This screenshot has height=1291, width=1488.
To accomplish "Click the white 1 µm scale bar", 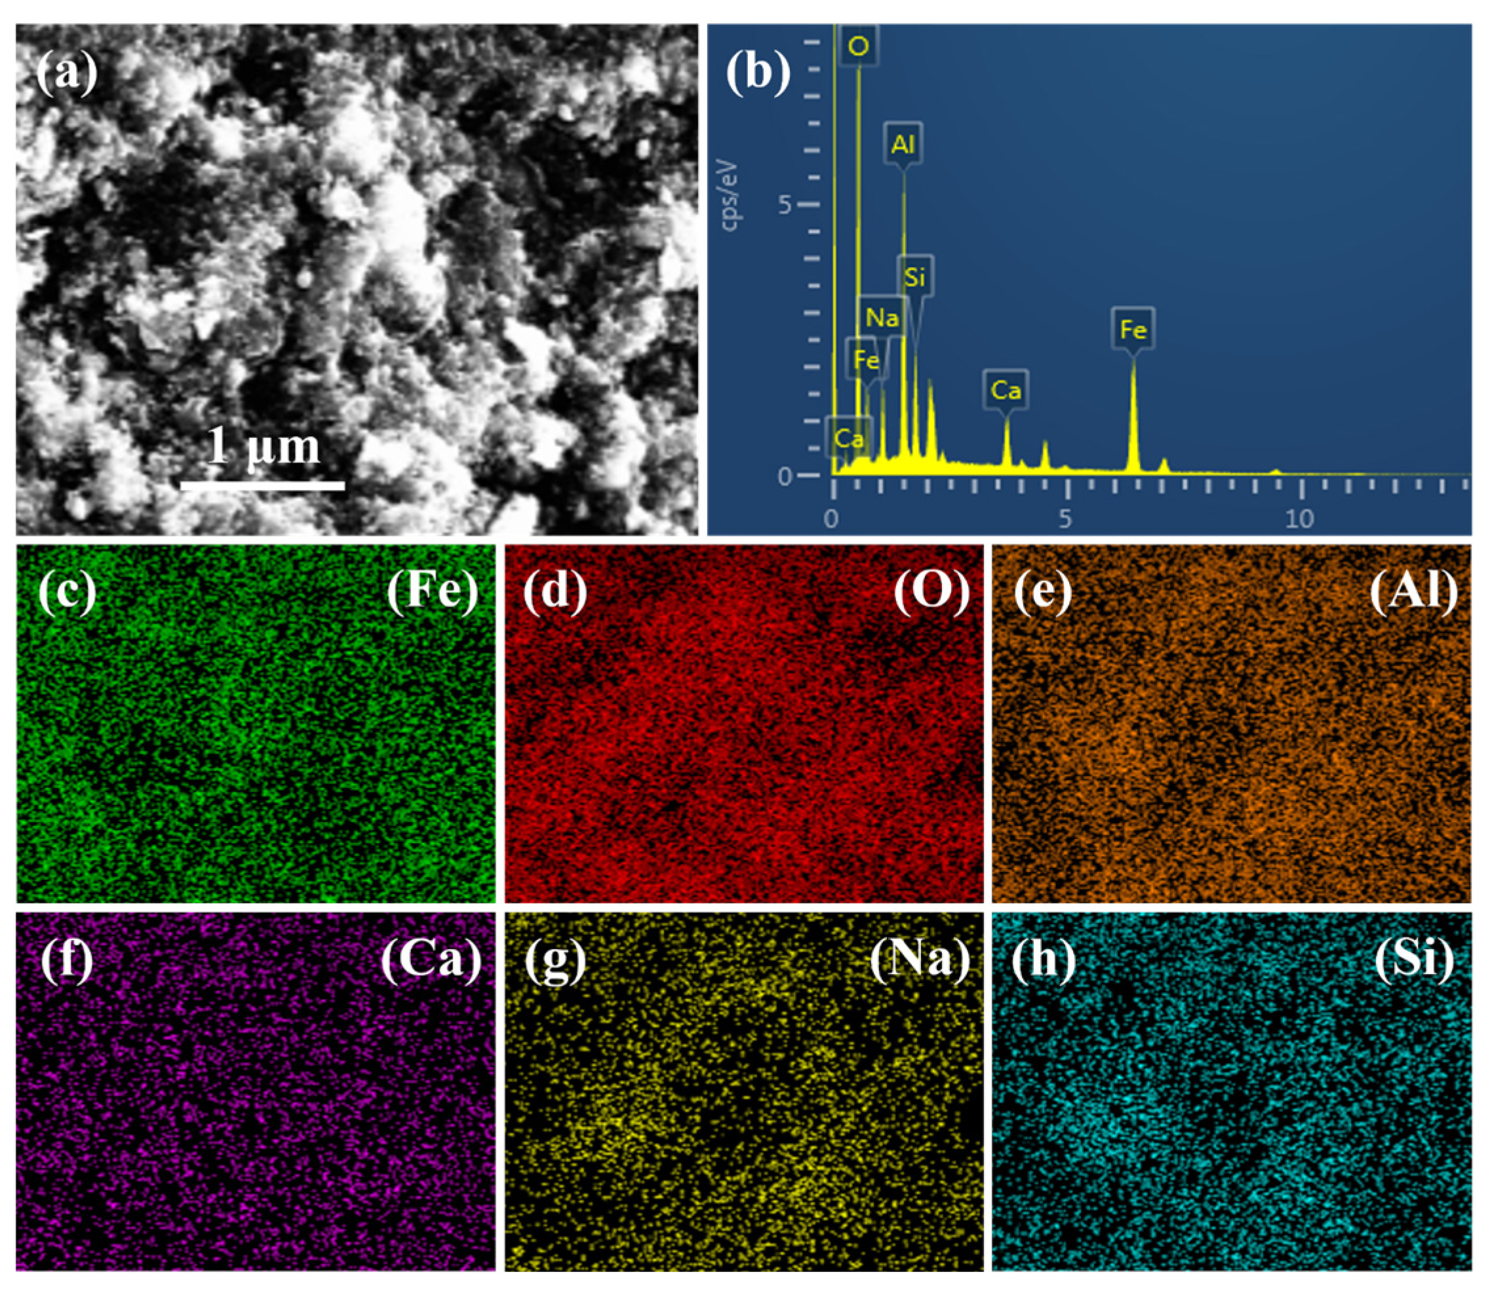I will coord(262,485).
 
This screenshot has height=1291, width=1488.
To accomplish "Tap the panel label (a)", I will coord(66,73).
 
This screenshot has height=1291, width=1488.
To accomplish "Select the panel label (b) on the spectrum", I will coord(758,73).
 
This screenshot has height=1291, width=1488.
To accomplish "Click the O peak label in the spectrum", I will coord(858,47).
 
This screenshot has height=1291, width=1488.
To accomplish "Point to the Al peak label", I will coord(903,145).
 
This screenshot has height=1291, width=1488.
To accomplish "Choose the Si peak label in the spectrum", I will coord(915,276).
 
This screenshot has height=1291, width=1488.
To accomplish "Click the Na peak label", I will coord(882,317).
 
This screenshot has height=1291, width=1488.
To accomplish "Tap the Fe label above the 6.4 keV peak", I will coord(1133,330).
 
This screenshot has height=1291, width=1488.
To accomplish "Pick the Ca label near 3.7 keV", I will coord(1006,390).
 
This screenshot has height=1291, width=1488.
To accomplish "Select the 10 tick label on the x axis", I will coord(1300,519).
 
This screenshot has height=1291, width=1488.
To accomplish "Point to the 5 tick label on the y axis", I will coord(785,205).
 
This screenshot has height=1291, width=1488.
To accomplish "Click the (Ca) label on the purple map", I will coord(431,960).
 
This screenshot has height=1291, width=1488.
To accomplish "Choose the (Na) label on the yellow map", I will coord(920,960).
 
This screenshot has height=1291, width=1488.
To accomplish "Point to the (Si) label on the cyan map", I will coord(1414,960).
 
